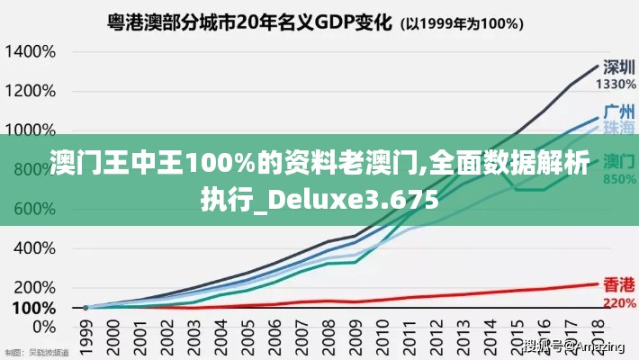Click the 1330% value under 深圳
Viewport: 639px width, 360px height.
(x=617, y=84)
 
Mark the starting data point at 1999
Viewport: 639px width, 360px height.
(x=86, y=307)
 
